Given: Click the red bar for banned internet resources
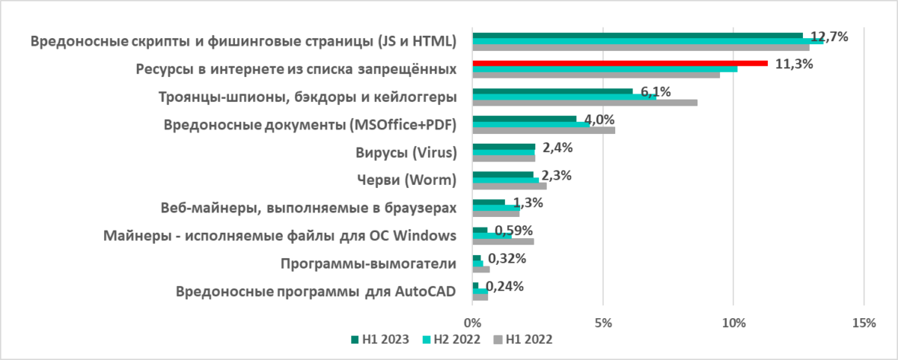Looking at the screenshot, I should tap(620, 64).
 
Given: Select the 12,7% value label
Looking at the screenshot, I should tap(829, 36).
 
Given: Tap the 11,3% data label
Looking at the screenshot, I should tap(794, 64).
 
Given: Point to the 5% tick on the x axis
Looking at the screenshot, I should tap(603, 323).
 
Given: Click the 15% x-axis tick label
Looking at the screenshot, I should tap(864, 323).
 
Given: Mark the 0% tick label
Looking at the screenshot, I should tap(473, 323).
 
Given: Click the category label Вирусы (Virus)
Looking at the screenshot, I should tap(406, 153).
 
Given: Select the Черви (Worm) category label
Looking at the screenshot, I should tap(404, 180).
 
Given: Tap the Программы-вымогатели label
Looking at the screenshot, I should tap(367, 263).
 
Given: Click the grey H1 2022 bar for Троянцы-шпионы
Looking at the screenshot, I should tap(584, 103).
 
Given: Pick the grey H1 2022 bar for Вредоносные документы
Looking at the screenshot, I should tap(543, 130).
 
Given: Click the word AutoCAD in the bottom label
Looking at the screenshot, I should tap(424, 292).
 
